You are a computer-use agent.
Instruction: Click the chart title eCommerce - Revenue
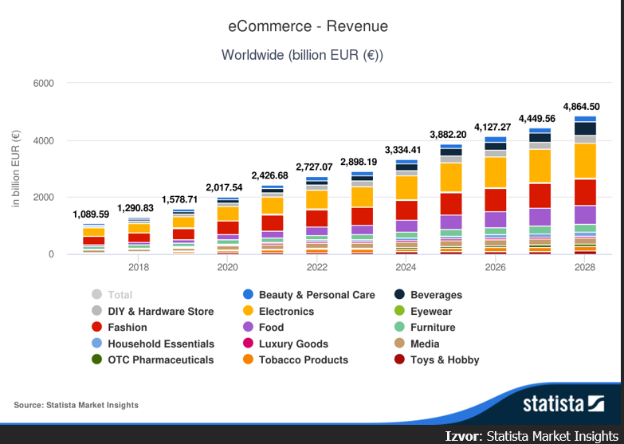[x=308, y=26]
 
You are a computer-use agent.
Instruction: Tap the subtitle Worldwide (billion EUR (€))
[x=302, y=55]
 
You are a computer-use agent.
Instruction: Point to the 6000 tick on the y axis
[x=43, y=84]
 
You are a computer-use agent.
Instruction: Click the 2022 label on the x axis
[x=316, y=267]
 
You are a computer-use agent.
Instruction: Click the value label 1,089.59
[x=91, y=214]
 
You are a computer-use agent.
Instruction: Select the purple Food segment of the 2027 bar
[x=540, y=216]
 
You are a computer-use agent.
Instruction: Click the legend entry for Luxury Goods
[x=292, y=344]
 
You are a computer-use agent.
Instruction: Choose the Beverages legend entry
[x=435, y=295]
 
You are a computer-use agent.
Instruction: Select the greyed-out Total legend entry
[x=120, y=295]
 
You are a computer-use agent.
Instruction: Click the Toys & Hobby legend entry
[x=444, y=360]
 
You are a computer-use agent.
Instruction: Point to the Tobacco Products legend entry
[x=303, y=360]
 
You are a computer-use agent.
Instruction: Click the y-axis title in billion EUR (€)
[x=16, y=169]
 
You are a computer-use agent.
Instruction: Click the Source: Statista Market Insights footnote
[x=76, y=405]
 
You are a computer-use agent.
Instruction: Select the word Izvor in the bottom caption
[x=463, y=435]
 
